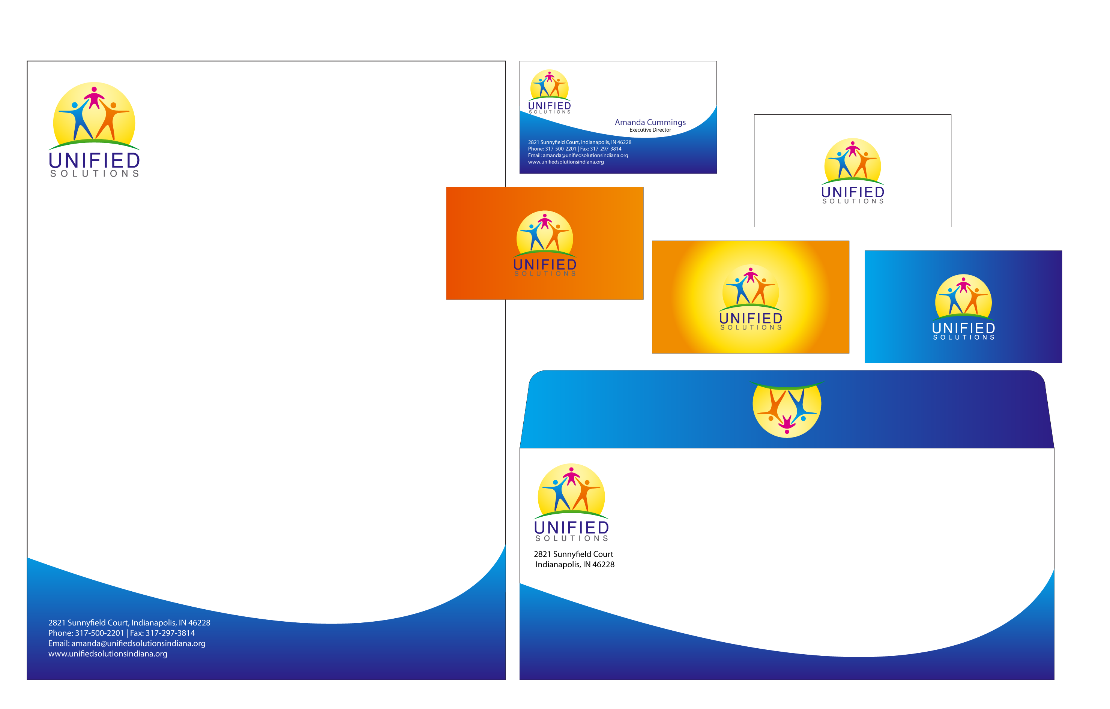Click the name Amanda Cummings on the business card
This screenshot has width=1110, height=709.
[x=650, y=122]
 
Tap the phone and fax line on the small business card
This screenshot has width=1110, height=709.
[x=574, y=149]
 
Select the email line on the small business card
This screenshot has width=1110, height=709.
[x=578, y=155]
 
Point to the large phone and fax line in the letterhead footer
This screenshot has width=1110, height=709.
[x=121, y=633]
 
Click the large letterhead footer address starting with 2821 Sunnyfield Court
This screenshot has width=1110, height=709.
[x=129, y=623]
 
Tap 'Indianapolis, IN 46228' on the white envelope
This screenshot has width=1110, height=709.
[x=575, y=564]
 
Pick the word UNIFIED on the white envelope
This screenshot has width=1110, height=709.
[x=572, y=527]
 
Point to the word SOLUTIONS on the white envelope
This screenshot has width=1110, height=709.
[x=572, y=538]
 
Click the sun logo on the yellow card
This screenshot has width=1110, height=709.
[x=751, y=288]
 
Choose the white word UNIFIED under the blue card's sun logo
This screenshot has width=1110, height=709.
[x=963, y=328]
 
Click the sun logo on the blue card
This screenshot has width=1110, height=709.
[x=963, y=298]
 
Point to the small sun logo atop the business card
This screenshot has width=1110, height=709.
[x=549, y=85]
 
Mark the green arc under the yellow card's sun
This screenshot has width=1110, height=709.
[x=751, y=306]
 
